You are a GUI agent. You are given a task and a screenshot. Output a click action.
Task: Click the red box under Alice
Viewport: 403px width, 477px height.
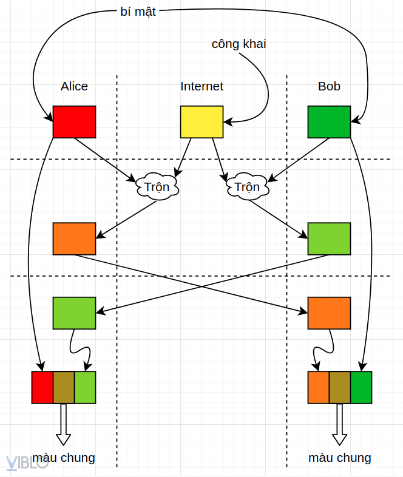click(74, 121)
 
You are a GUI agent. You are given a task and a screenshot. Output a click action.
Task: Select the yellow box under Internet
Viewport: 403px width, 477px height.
click(201, 121)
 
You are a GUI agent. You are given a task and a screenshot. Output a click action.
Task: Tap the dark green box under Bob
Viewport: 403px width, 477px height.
click(329, 121)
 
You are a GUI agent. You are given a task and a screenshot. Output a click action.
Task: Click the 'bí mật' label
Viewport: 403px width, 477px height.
click(138, 12)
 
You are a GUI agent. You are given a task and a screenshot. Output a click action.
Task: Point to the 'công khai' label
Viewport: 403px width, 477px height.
click(239, 44)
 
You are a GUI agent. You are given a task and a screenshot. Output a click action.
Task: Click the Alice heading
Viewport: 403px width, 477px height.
click(74, 86)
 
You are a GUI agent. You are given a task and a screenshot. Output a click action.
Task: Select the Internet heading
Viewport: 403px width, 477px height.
click(201, 86)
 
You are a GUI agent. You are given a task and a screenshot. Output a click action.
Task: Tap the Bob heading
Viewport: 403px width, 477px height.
click(329, 86)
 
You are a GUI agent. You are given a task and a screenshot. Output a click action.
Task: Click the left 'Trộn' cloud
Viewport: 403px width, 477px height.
click(157, 186)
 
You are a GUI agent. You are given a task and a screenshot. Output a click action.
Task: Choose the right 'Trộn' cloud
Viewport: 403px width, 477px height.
click(247, 186)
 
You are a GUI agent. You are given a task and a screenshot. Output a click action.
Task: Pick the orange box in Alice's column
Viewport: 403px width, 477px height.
click(74, 238)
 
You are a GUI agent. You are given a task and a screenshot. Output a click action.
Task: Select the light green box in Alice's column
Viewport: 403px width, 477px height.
click(74, 313)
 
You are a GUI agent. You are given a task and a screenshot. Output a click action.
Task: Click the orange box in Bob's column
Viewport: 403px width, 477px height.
click(329, 313)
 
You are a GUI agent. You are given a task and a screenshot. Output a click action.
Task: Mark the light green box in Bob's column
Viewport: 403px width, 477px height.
click(329, 238)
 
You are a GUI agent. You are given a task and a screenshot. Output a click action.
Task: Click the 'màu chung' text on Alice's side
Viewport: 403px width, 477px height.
click(64, 458)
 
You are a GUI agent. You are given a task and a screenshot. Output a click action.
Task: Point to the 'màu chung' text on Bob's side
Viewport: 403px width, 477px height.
click(339, 458)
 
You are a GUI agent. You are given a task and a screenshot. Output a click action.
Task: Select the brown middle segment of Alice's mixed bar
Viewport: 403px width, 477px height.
click(64, 387)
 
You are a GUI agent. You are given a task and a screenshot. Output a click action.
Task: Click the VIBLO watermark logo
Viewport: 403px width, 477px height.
click(27, 462)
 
